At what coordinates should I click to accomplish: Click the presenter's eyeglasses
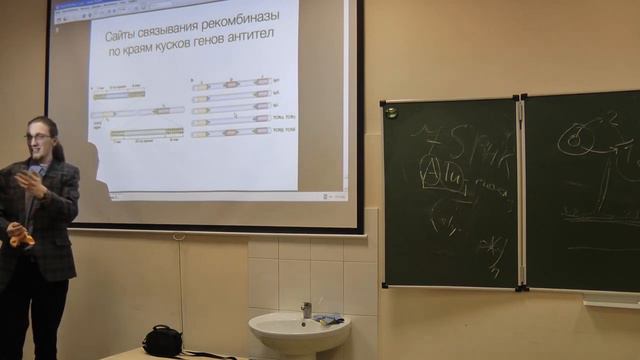point(38,136)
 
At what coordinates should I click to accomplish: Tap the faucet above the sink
point(306,309)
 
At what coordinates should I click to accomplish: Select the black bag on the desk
point(162,341)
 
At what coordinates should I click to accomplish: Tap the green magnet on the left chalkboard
point(390,112)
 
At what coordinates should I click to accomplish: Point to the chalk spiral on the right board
point(575,141)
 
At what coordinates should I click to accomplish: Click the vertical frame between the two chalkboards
point(520,190)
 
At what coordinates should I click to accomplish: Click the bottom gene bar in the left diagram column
point(147,132)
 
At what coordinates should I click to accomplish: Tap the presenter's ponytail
point(59,150)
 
